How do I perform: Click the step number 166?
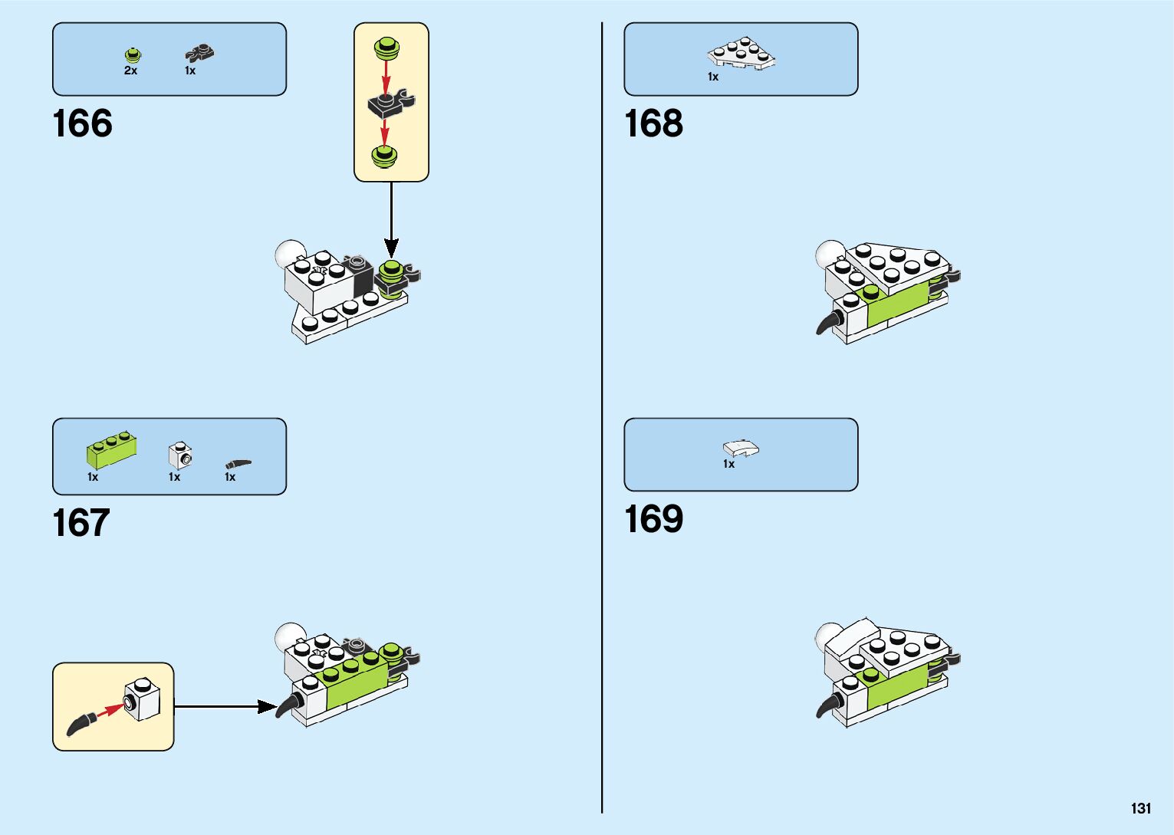point(82,123)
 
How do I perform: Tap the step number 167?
point(81,523)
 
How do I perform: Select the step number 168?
point(653,123)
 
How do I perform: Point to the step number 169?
point(653,519)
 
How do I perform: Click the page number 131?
point(1140,808)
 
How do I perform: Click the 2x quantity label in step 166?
point(130,71)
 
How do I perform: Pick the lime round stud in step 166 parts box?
point(133,55)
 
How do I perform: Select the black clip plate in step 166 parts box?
point(199,54)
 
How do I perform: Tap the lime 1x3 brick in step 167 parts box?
point(112,449)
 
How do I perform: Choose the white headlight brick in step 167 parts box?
point(180,455)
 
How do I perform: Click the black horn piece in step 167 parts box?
point(238,464)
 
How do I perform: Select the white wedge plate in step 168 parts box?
point(741,54)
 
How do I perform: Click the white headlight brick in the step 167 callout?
point(143,699)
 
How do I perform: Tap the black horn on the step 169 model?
point(827,703)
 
